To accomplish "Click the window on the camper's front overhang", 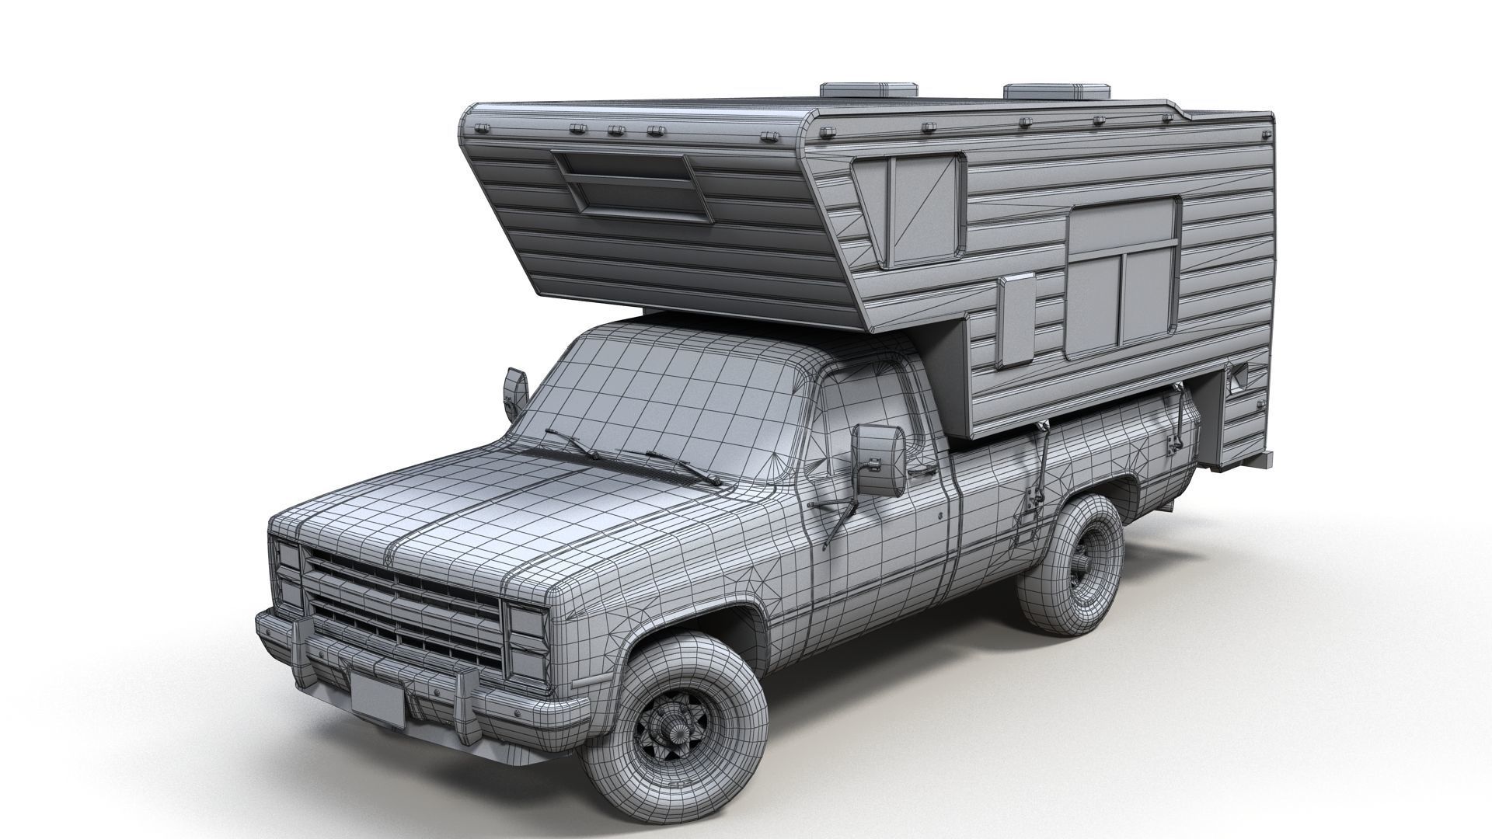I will tap(633, 186).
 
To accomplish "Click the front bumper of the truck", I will tap(420, 684).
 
